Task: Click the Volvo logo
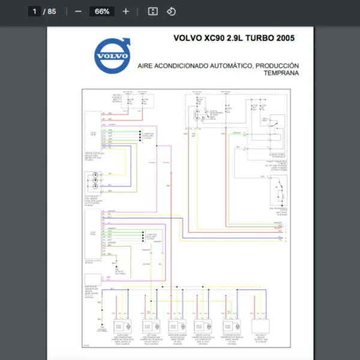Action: [x=112, y=55]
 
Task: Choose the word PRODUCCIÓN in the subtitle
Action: [x=277, y=65]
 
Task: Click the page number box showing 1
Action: [x=34, y=11]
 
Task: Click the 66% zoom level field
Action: [x=101, y=11]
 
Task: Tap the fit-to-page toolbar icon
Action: [x=152, y=11]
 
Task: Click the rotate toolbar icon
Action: [x=171, y=11]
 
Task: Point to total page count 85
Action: [x=52, y=11]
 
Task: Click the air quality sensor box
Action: [x=262, y=326]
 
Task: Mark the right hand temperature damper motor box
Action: [x=122, y=326]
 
